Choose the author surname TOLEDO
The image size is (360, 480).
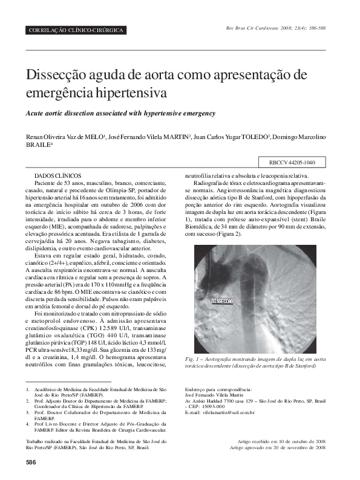(x=253, y=137)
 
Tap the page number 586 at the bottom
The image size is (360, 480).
(x=31, y=462)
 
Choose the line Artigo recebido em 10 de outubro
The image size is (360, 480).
(x=278, y=443)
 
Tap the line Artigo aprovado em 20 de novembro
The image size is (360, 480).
(x=278, y=448)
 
